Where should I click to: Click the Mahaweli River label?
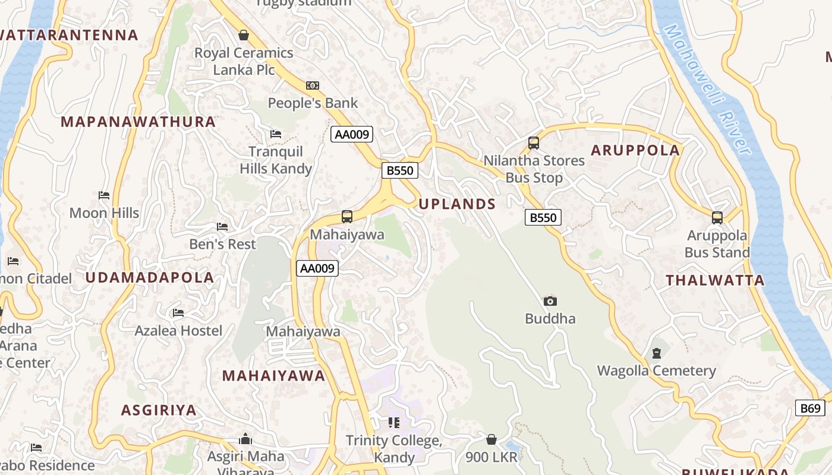[708, 89]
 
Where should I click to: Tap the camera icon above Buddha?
[550, 301]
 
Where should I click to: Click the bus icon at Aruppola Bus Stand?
[717, 217]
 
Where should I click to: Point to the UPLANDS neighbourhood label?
[457, 204]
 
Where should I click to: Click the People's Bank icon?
[313, 85]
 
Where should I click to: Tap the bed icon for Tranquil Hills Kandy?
[276, 134]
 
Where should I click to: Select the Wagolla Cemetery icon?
[656, 353]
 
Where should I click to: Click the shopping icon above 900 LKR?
[491, 439]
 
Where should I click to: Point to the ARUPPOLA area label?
[635, 150]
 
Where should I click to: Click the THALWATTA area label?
[715, 281]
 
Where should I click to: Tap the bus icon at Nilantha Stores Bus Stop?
[534, 143]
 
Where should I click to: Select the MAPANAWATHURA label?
[138, 122]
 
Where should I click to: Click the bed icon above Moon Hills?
[104, 195]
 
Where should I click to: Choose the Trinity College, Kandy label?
[394, 449]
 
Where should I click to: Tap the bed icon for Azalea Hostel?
[178, 313]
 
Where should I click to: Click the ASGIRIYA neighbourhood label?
[159, 410]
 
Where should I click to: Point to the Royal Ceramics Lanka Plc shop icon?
[244, 35]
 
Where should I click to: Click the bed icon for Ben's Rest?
[222, 227]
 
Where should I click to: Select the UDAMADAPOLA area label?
[149, 278]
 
